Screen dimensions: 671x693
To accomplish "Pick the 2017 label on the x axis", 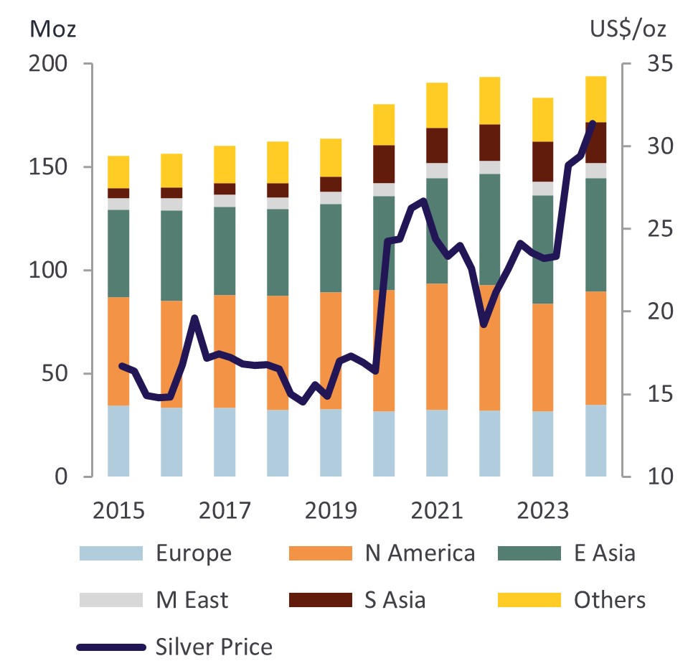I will coord(224,511).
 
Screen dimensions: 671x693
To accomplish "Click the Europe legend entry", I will coord(194,553).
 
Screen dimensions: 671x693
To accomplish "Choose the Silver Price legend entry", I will coord(214,647).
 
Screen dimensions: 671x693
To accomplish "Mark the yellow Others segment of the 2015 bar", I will coord(118,172).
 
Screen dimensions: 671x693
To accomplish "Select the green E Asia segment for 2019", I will coord(331,248).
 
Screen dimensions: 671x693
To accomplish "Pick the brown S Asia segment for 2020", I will coord(384,164).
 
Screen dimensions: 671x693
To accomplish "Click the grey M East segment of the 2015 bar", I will coord(118,204).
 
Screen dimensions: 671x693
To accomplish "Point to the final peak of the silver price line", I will coord(593,123).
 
